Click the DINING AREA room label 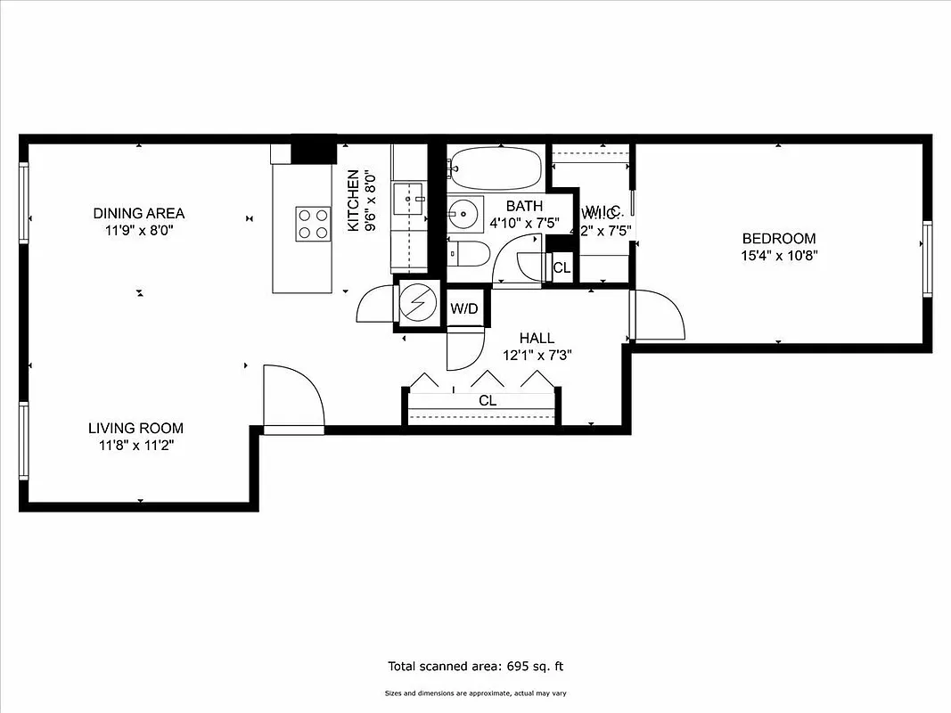pos(139,213)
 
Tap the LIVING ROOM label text pos(135,428)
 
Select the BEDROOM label pos(779,239)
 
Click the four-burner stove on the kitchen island pos(313,223)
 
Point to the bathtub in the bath pos(496,165)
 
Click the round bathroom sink pos(463,214)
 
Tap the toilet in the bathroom pos(469,253)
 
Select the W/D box pos(464,309)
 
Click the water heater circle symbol pos(415,305)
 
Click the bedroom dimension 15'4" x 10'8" pos(779,255)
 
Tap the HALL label pos(537,338)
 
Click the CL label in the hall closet pos(487,401)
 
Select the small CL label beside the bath pos(562,267)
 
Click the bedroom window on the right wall pos(927,259)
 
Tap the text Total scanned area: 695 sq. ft pos(476,666)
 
